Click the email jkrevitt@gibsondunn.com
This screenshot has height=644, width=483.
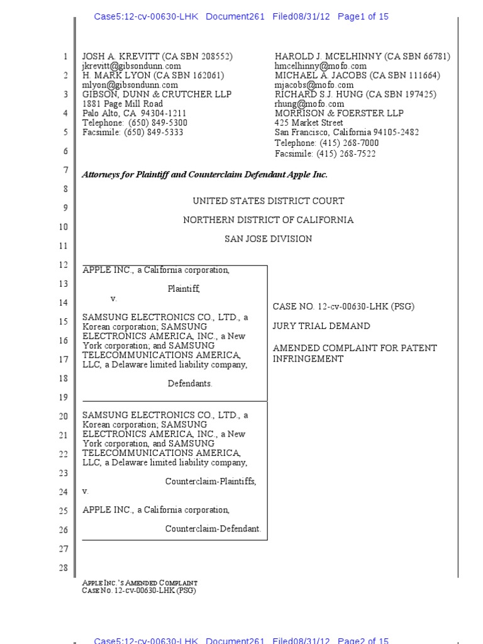click(131, 66)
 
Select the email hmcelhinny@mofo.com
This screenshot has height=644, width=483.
click(320, 66)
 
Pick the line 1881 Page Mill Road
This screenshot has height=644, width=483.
click(123, 104)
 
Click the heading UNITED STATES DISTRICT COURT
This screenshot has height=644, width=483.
click(269, 201)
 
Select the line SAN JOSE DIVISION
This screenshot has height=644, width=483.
click(269, 239)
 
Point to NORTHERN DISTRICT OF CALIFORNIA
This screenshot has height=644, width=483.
click(269, 220)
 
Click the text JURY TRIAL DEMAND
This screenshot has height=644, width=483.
click(321, 326)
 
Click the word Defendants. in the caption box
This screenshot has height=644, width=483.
click(190, 384)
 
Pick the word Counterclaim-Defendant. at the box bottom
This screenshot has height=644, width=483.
click(213, 529)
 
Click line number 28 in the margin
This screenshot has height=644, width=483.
click(63, 569)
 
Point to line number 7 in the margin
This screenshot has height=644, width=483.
click(65, 170)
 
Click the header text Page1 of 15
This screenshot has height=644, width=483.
click(363, 17)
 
